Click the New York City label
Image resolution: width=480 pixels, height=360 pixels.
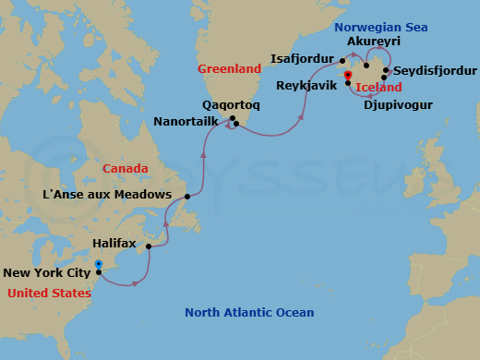pos(47,272)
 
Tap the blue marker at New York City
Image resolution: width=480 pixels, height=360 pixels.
pos(99,266)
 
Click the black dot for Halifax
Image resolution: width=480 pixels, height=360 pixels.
pos(149,246)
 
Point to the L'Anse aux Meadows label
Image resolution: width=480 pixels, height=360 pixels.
pos(107,195)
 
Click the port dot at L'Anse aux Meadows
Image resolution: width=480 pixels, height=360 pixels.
pos(187,197)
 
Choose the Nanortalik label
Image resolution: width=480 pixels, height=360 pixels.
pos(188,120)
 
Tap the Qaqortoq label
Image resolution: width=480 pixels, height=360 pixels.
pos(231,105)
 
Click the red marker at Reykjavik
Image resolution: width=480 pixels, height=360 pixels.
pos(347,76)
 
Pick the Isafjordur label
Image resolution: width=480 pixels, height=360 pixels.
pos(303,58)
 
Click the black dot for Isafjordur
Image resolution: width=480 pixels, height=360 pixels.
pos(342,61)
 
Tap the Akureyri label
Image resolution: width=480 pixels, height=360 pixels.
pos(373,42)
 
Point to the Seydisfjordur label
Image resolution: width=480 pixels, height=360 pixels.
pos(436,71)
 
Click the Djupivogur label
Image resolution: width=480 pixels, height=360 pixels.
pos(399,105)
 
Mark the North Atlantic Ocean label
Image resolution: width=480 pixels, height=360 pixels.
pos(249,312)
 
